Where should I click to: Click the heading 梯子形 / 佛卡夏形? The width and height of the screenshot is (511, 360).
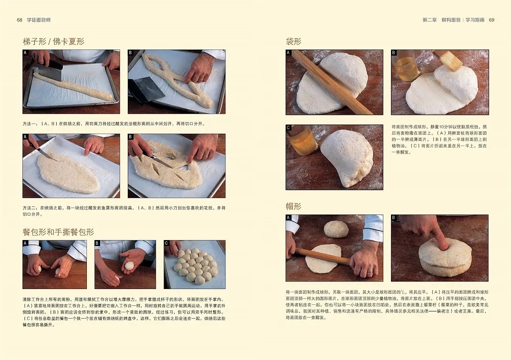coord(53,41)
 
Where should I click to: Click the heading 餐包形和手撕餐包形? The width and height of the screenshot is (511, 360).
coord(58,231)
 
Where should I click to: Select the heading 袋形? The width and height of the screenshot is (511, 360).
coord(293,41)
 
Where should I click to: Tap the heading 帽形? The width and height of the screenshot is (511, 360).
coord(293,206)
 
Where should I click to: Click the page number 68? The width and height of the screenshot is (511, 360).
coord(19,20)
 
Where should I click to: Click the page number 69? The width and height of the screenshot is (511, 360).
coord(492,20)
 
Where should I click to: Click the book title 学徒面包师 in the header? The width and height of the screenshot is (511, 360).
coord(41,20)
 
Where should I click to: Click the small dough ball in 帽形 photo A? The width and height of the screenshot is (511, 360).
coord(336,229)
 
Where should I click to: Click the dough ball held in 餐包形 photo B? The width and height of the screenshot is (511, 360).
coord(129,266)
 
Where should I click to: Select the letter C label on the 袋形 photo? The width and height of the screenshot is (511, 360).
coord(289,128)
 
